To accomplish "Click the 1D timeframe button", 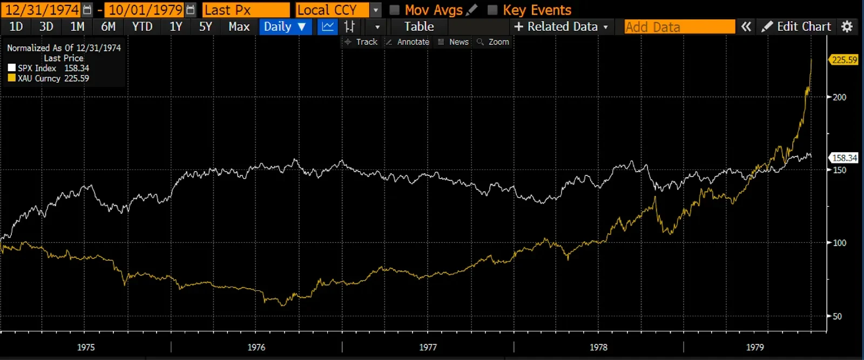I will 16,26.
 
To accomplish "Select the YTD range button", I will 142,26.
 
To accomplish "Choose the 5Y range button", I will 205,26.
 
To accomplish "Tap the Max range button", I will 239,26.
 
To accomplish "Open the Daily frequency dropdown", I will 285,26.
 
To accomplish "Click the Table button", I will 419,26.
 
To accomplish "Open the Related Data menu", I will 562,26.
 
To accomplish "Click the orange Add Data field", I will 679,26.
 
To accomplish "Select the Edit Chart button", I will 797,26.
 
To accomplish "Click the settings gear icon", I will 847,26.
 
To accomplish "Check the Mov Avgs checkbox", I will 395,10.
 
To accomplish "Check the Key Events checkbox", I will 492,10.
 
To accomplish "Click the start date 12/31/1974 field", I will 42,10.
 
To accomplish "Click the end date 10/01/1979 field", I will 145,10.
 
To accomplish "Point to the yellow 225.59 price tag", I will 844,60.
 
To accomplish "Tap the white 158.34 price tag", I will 844,158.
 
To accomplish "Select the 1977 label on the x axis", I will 428,347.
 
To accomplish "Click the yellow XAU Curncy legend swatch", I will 12,78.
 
